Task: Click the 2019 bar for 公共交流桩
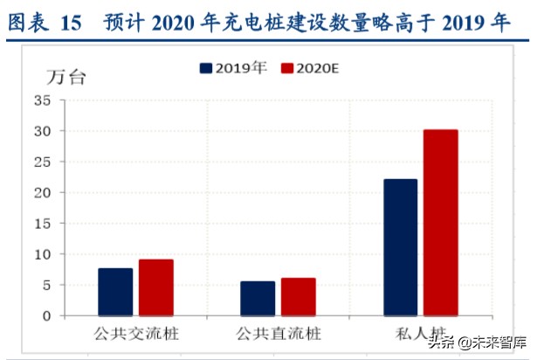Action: [115, 292]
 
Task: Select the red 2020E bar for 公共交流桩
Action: [155, 287]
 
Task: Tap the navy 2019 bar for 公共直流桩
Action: [258, 298]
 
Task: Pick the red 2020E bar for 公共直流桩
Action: [298, 297]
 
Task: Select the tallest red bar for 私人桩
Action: [440, 223]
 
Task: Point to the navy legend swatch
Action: [206, 67]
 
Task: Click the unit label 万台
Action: [66, 76]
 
